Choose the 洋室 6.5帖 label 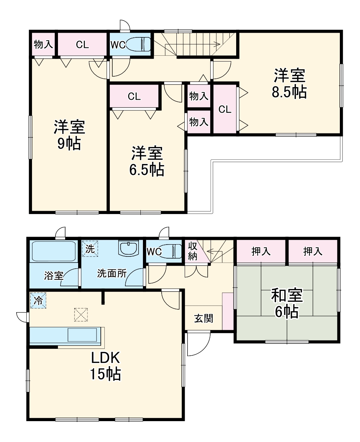pyautogui.click(x=147, y=161)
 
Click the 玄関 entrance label pyautogui.click(x=204, y=318)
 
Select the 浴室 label pyautogui.click(x=54, y=276)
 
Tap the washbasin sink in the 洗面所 pyautogui.click(x=129, y=249)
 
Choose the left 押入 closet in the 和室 pyautogui.click(x=261, y=251)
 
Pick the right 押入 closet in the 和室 pyautogui.click(x=312, y=251)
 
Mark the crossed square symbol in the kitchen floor pyautogui.click(x=81, y=315)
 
